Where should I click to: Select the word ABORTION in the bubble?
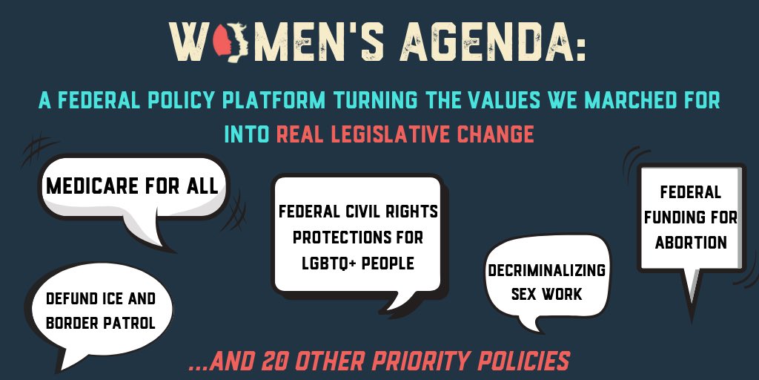(x=690, y=242)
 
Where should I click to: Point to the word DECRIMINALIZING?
(x=546, y=271)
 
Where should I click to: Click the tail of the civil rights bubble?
(x=393, y=302)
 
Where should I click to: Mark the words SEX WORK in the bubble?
(x=546, y=294)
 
